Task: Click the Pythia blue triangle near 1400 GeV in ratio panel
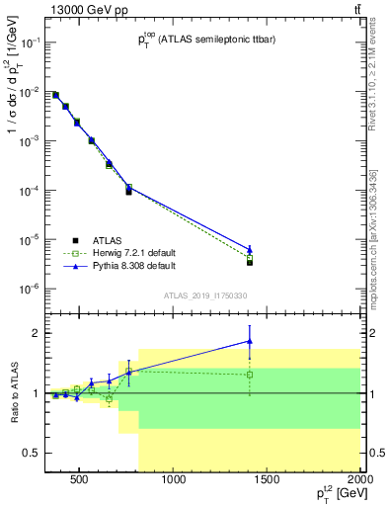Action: click(x=250, y=341)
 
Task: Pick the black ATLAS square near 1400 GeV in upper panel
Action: click(x=250, y=262)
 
